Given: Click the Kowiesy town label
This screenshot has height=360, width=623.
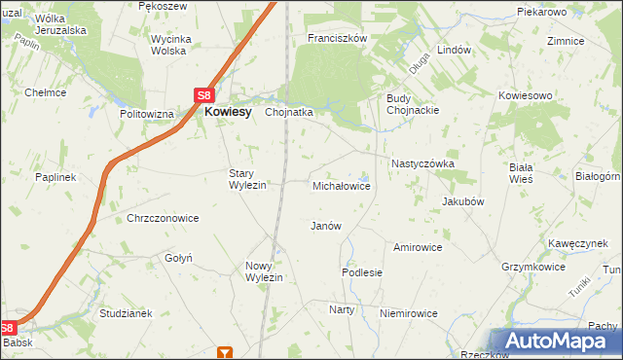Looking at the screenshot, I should point(228,112).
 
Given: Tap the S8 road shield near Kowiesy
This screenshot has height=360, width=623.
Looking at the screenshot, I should point(203,95).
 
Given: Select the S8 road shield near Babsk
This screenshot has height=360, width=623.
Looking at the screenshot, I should point(9,329).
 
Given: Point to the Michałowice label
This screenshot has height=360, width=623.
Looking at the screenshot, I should point(341,185).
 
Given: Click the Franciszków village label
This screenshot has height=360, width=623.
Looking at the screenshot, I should point(336,38).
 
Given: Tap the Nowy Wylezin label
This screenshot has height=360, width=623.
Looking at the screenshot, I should point(264,271).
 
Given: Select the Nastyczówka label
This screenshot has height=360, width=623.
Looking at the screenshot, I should point(422,163).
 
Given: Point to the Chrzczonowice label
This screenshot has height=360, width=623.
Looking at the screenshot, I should point(163,218).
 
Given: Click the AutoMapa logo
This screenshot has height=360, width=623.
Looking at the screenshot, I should point(559,342).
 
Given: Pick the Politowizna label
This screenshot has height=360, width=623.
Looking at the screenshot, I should point(147,114).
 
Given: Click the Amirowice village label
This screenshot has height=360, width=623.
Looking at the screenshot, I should point(418,247).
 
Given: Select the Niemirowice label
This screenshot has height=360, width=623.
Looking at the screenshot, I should point(408,313).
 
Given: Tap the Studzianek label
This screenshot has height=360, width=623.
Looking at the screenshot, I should point(127,313).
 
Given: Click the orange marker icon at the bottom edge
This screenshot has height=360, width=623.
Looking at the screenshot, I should point(226,353).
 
